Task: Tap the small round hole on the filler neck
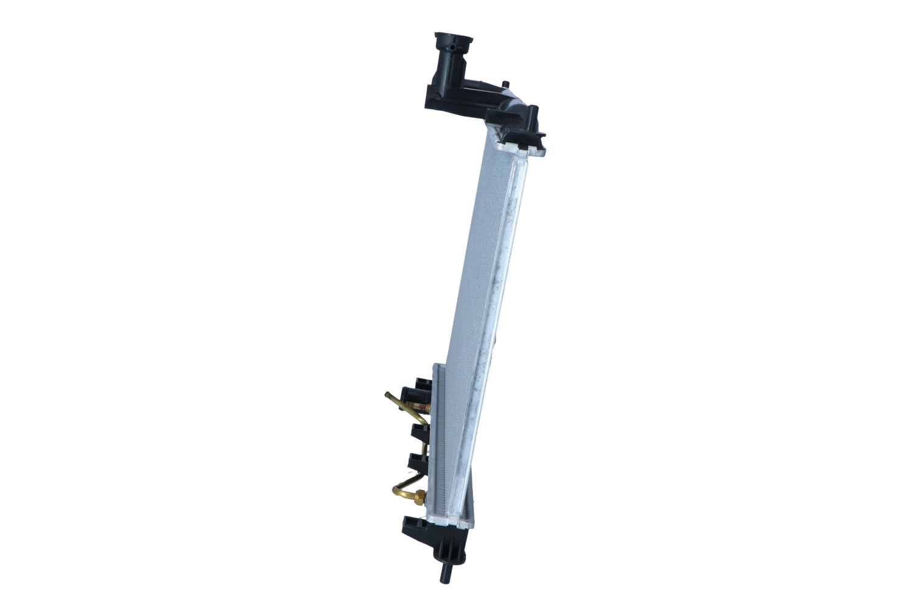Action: [454, 47]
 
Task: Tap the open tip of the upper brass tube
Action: [387, 395]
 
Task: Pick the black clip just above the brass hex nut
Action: [419, 462]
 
